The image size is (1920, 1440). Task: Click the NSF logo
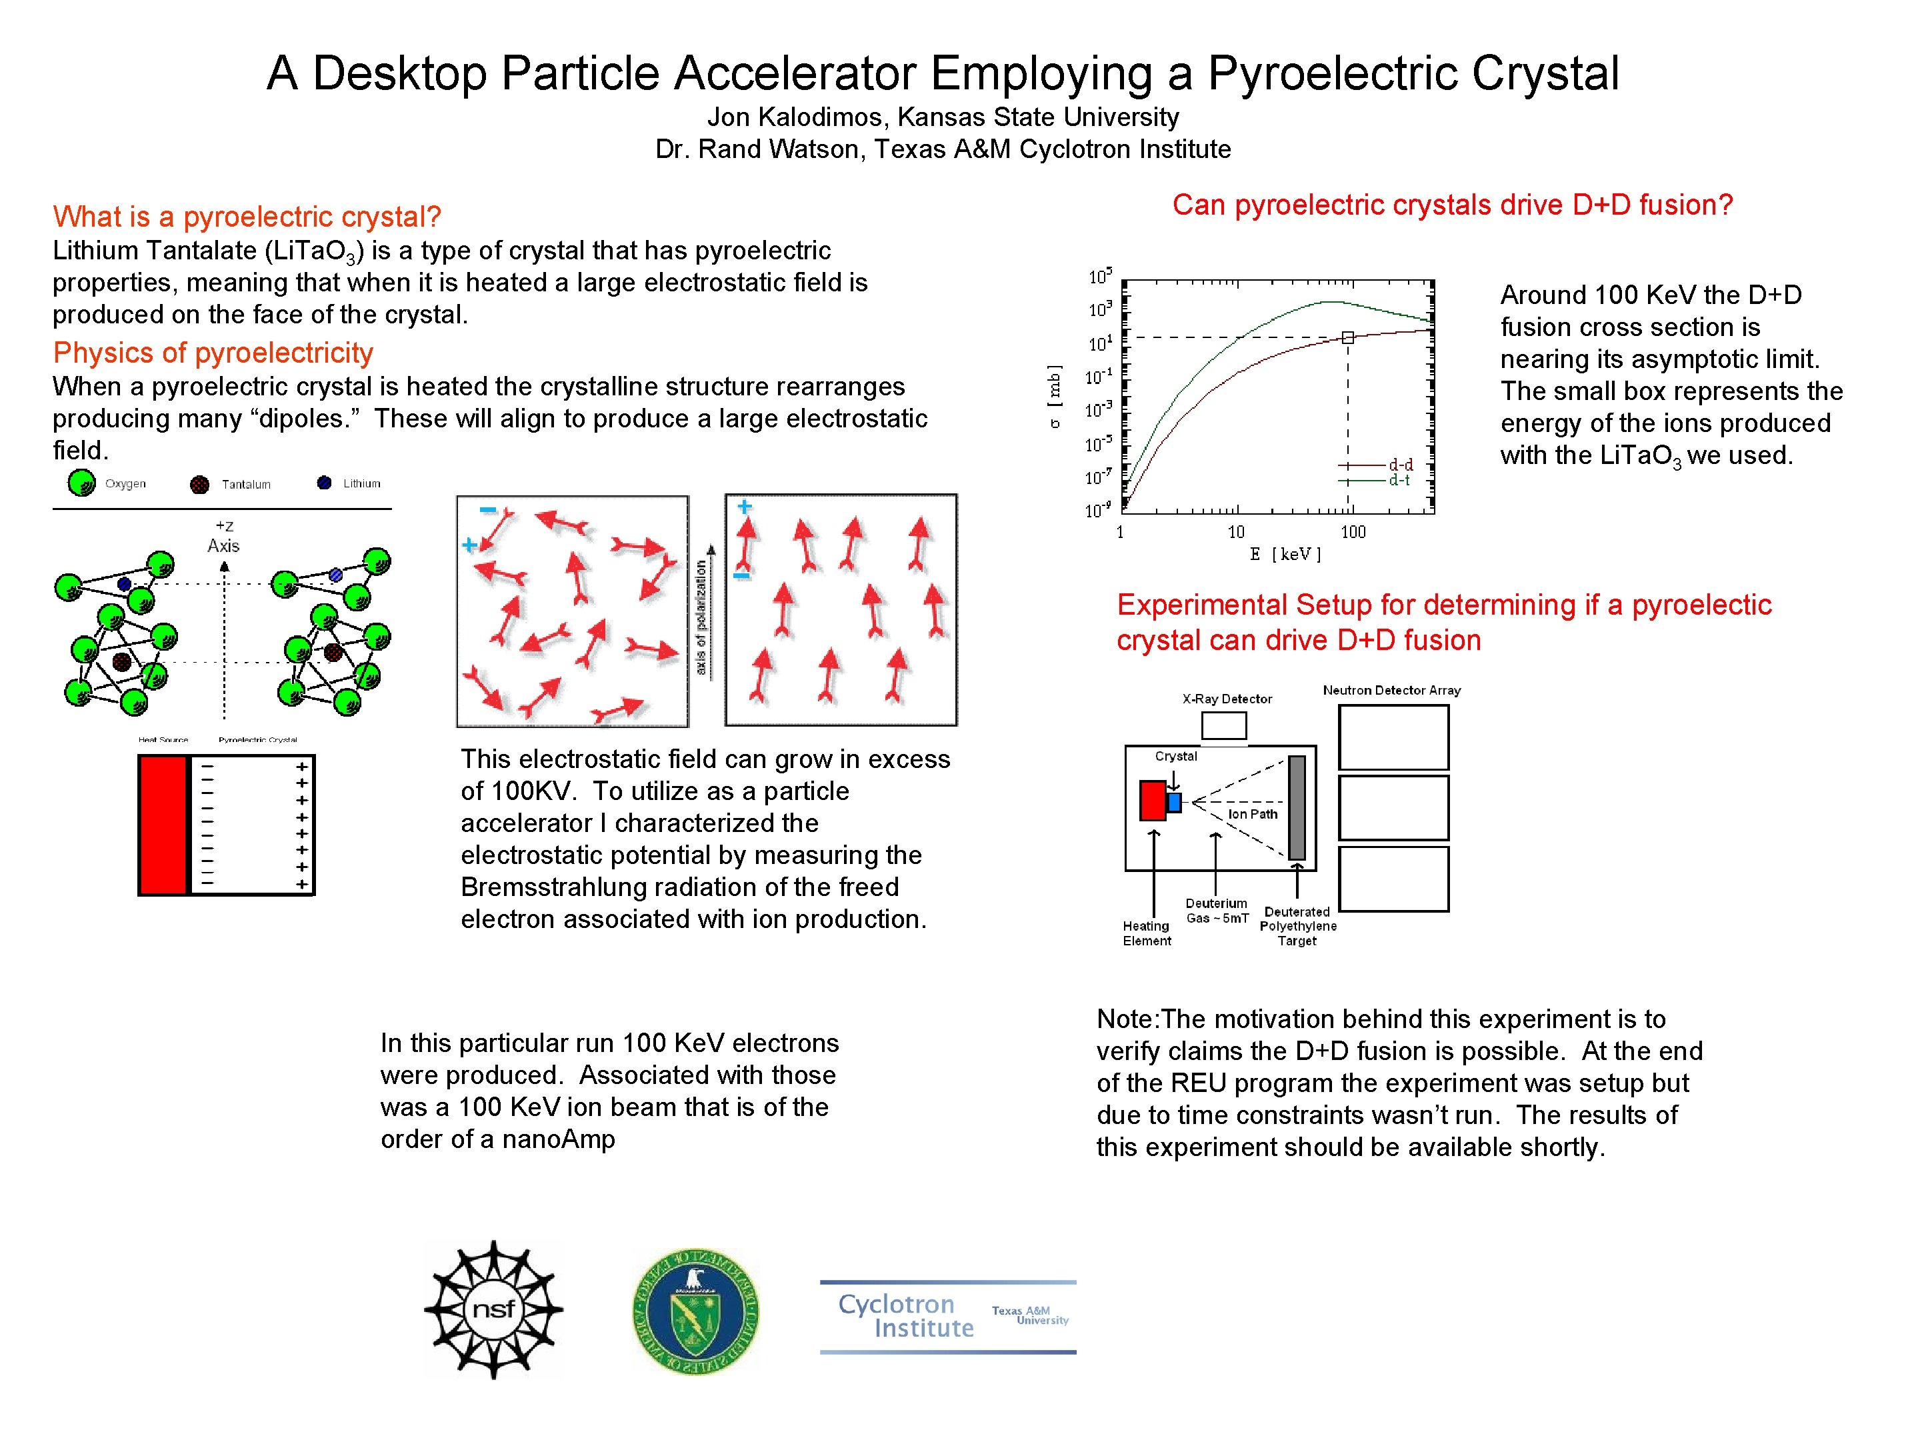[x=493, y=1309]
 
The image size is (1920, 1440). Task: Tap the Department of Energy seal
[x=695, y=1311]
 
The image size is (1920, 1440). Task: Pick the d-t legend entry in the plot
[x=1399, y=480]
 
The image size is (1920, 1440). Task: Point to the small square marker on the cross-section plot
[x=1347, y=337]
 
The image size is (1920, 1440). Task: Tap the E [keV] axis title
[x=1285, y=554]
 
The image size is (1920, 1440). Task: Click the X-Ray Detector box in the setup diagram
[x=1224, y=725]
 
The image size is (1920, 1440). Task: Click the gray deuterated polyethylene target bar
[x=1297, y=807]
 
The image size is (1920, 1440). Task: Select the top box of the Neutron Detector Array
[x=1393, y=737]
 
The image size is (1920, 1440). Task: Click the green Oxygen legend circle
[x=81, y=483]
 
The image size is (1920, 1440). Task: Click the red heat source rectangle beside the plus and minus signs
[x=163, y=825]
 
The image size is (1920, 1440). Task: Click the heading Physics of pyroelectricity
[x=213, y=353]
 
